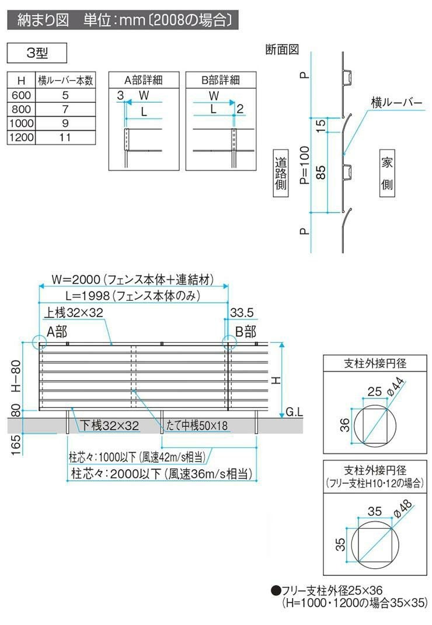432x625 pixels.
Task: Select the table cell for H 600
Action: [21, 95]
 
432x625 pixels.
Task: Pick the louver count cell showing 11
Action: [65, 137]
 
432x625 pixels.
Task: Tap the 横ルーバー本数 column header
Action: [65, 80]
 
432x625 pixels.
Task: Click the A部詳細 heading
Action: [143, 80]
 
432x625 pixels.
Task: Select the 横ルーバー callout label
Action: [397, 102]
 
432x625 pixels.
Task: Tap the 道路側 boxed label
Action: [281, 173]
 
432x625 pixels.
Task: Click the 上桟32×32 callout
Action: [74, 313]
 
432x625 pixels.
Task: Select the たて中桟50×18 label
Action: [197, 426]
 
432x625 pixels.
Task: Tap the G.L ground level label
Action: [294, 412]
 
